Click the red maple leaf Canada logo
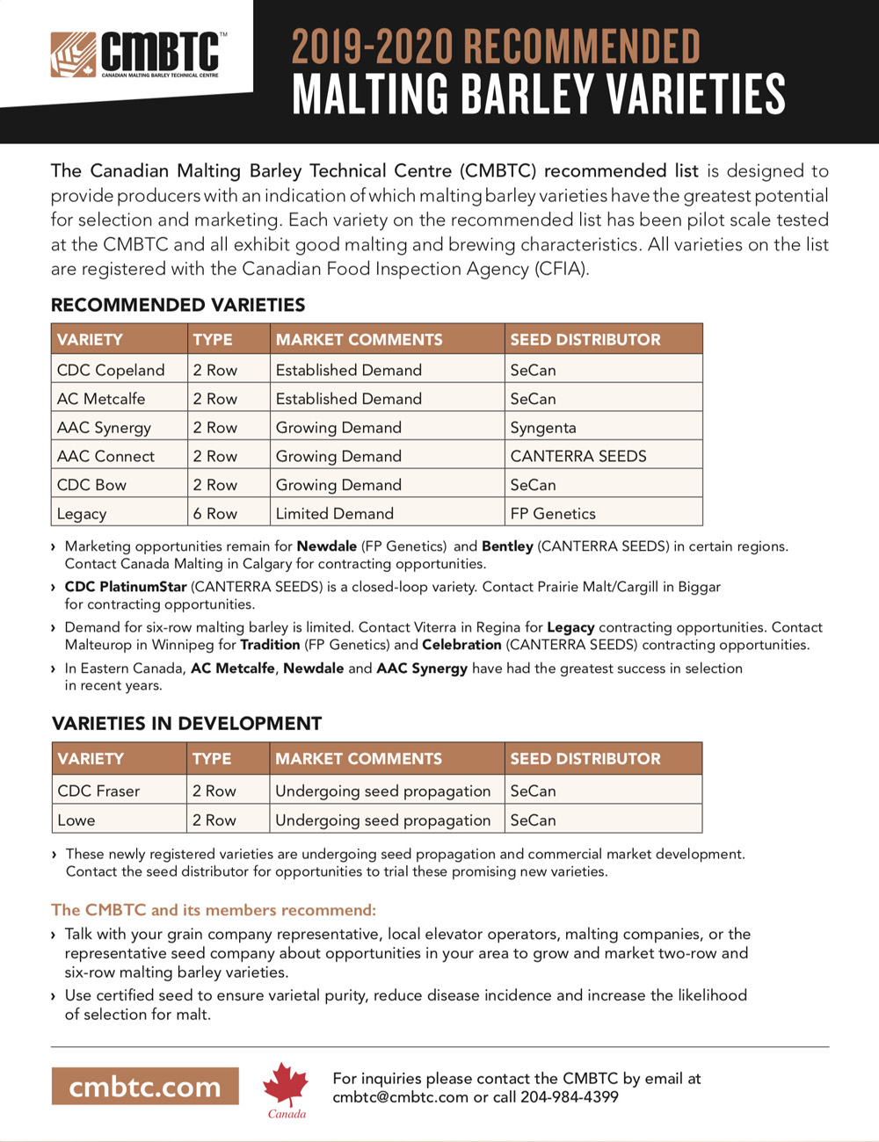click(286, 1088)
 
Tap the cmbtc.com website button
click(145, 1087)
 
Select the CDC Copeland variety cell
click(111, 370)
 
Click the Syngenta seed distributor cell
click(543, 428)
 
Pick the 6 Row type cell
click(215, 514)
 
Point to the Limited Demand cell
click(335, 514)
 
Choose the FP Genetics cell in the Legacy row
click(553, 514)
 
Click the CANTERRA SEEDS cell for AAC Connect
click(578, 456)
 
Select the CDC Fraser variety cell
click(98, 791)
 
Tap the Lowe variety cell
click(76, 820)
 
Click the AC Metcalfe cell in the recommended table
click(101, 399)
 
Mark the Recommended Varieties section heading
click(178, 305)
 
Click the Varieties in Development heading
click(187, 724)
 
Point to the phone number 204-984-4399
click(570, 1097)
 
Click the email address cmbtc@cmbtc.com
click(400, 1097)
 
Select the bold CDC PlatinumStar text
click(126, 587)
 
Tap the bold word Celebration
click(461, 645)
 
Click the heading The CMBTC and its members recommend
click(214, 910)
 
